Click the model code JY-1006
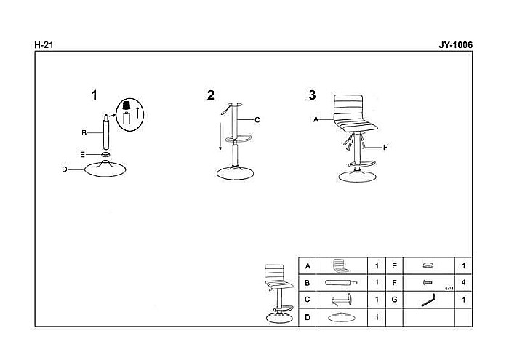pos(455,44)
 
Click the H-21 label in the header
pos(44,45)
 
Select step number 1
pos(93,95)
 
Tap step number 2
pos(211,95)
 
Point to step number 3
pos(312,95)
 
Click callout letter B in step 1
pos(84,133)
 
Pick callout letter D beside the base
pos(65,169)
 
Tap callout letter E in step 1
pos(83,154)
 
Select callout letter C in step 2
pos(257,119)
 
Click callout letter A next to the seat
pos(316,119)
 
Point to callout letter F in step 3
pos(385,148)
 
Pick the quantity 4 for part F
pos(463,282)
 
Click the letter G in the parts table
pos(394,300)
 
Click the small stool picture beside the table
pos(275,291)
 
